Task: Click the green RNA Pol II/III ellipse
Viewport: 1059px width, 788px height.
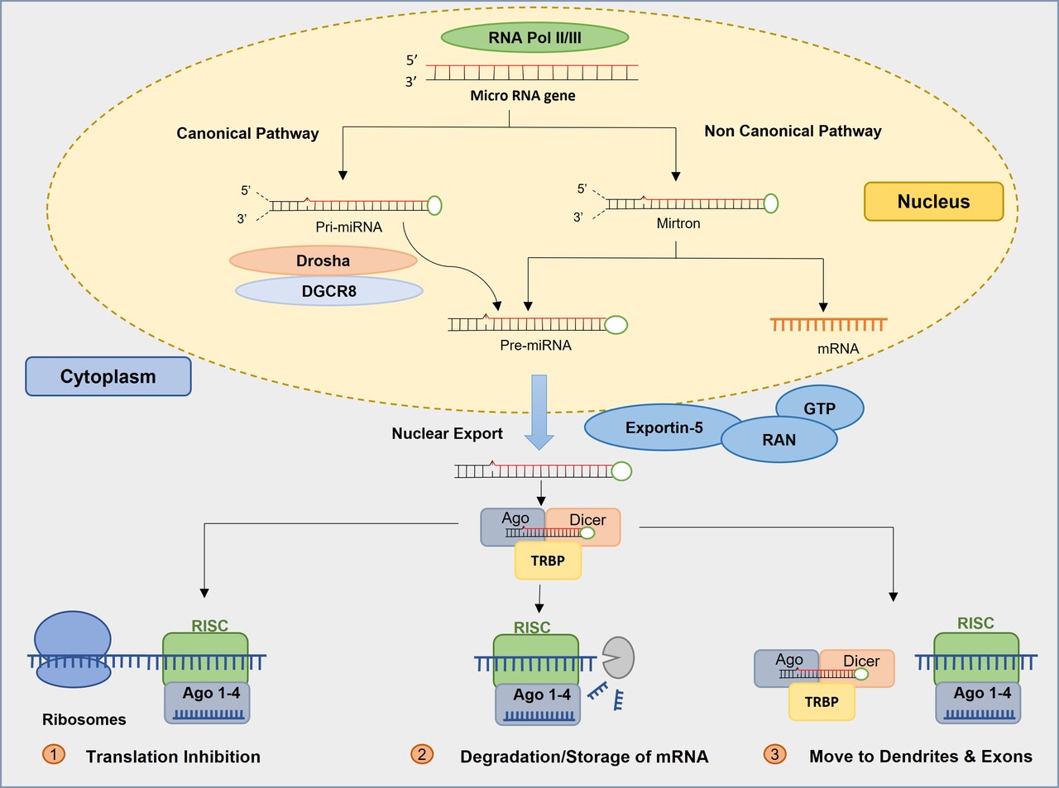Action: (534, 37)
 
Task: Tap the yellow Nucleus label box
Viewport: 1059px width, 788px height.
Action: (933, 202)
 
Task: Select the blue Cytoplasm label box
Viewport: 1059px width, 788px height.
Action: (108, 376)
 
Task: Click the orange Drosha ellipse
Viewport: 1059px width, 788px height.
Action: (323, 260)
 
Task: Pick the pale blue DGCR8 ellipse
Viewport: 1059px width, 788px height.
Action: (328, 291)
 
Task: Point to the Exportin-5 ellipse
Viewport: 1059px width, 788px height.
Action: (664, 427)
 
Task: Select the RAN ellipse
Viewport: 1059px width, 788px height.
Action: (779, 440)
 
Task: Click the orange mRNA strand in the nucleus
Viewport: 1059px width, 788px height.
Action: (828, 324)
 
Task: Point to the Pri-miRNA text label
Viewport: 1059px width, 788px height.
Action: (348, 227)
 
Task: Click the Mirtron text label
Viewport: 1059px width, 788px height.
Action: (678, 223)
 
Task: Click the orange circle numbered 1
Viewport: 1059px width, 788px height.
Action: (53, 754)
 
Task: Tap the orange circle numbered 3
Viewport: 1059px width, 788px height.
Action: (774, 754)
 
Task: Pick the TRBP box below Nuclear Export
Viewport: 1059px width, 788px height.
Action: (548, 561)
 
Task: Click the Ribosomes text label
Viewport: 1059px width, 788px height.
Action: (84, 719)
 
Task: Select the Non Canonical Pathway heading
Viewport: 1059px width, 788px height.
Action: (793, 131)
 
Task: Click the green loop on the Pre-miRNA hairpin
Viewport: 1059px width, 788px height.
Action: (616, 325)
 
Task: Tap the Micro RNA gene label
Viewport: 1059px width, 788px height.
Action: (523, 95)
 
